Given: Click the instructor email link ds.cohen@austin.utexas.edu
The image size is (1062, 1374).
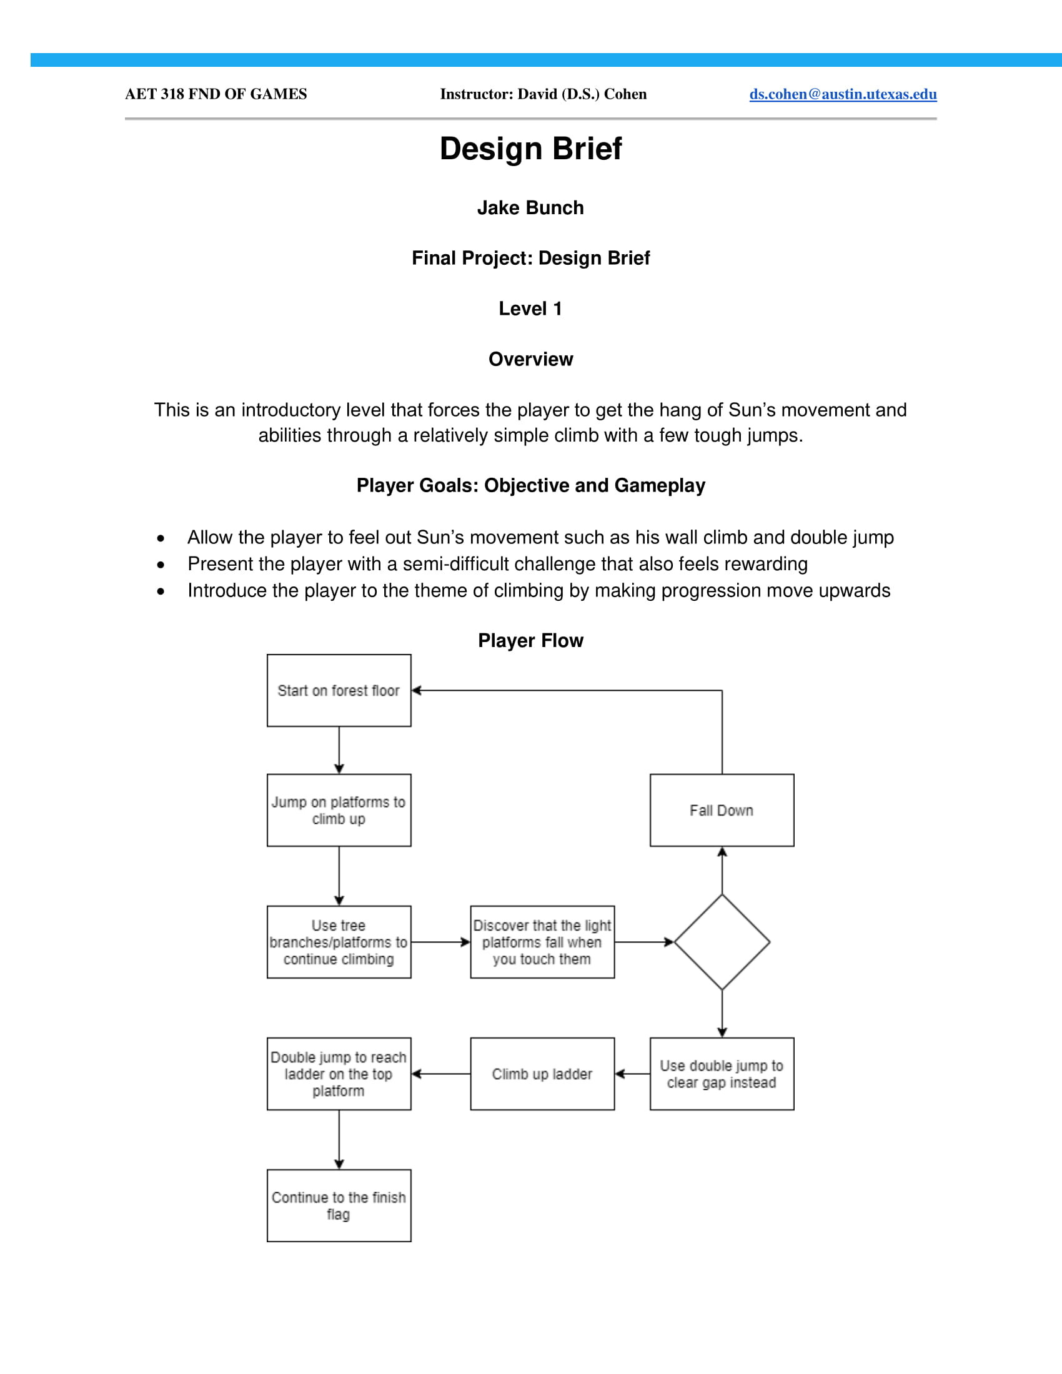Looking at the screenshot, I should [843, 94].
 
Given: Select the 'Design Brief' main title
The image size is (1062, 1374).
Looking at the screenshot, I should [530, 149].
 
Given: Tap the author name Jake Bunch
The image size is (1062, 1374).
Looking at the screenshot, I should [530, 207].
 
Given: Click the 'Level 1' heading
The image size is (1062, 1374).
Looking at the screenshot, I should [530, 309].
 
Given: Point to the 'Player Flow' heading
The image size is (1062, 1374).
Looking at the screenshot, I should [530, 640].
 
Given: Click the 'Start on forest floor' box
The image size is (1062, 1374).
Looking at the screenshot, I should [339, 690].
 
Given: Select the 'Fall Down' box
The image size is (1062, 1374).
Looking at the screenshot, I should [722, 809].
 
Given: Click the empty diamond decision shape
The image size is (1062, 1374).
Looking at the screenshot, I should [722, 942].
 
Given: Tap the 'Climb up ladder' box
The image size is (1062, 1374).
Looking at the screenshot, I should [542, 1074].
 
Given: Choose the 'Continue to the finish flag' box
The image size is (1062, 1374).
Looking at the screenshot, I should [339, 1205].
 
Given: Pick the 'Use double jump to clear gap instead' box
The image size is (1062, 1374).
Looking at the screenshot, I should [722, 1074].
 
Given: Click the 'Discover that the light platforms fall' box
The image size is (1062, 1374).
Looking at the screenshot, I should [542, 942].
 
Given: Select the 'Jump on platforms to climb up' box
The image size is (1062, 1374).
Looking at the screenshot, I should [339, 809].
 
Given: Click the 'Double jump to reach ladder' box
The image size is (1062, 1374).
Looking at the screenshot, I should [339, 1074].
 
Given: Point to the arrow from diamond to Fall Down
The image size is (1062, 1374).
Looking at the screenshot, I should [722, 871].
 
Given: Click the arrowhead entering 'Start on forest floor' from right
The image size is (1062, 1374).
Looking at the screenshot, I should [417, 690].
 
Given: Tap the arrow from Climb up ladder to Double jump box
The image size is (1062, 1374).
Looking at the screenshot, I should [440, 1074].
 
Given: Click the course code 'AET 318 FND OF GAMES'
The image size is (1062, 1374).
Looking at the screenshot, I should [216, 94].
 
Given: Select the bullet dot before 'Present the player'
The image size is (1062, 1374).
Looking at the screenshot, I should [161, 565].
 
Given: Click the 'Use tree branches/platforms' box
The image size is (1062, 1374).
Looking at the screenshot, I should [339, 942].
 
